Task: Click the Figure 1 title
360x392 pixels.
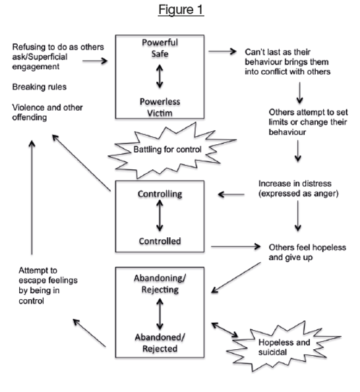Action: [181, 10]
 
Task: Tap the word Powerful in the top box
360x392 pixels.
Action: [160, 42]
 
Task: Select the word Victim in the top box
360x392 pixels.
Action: [160, 113]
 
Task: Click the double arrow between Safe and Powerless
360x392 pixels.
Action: [160, 76]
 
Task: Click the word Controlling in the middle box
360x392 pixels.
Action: [160, 194]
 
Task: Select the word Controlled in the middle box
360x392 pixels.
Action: [160, 241]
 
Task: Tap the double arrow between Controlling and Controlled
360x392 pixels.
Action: [160, 215]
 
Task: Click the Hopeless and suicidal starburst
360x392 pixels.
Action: [284, 347]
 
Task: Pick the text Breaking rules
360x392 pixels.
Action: [40, 87]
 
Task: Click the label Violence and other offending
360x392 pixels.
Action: [47, 112]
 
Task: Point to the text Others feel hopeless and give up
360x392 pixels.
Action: [307, 252]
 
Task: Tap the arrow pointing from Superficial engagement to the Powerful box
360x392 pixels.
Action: [95, 61]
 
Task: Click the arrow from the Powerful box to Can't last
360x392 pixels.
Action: [222, 51]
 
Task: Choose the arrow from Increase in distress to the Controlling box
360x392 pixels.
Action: [231, 194]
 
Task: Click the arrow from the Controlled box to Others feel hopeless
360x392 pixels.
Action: [235, 246]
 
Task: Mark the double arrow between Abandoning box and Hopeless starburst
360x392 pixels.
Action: [225, 330]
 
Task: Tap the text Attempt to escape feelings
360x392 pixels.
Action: [48, 285]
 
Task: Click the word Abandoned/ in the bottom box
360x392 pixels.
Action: [160, 337]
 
